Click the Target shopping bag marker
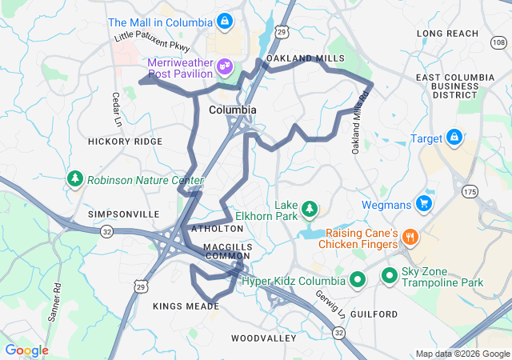pos(454,137)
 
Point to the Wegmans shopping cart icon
pos(425,203)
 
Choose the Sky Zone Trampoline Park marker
pos(390,276)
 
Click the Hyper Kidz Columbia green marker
pos(358,281)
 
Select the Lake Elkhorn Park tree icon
pos(310,209)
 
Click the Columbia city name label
pos(233,110)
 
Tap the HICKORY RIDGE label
pos(125,141)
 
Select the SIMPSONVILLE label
pos(124,214)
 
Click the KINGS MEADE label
pos(186,306)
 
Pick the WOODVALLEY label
pos(264,338)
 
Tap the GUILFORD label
pos(374,314)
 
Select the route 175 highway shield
pos(470,192)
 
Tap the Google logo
pos(26,350)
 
